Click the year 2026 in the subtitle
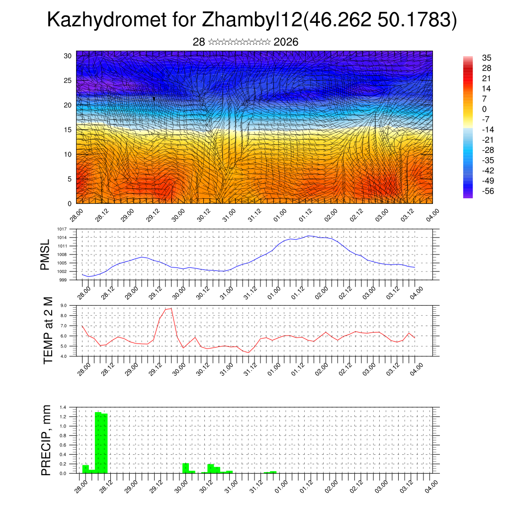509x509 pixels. (x=286, y=42)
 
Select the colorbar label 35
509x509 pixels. (x=487, y=58)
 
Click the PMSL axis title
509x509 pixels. (x=45, y=254)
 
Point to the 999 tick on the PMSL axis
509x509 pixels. (x=64, y=280)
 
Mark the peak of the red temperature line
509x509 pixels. (x=171, y=308)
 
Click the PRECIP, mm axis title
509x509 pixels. (x=46, y=440)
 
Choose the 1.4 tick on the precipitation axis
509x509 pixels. (x=63, y=407)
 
